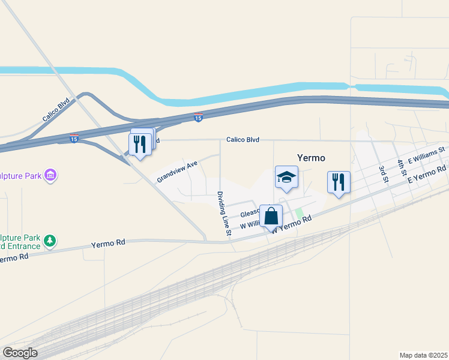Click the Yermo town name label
click(x=311, y=158)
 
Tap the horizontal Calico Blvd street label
click(x=243, y=140)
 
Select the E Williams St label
click(x=426, y=155)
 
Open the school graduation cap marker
click(x=286, y=177)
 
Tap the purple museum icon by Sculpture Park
click(x=50, y=175)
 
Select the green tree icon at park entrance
click(x=50, y=241)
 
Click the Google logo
click(x=20, y=353)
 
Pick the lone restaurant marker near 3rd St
click(x=339, y=181)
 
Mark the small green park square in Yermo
click(x=298, y=213)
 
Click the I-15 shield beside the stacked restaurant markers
click(x=74, y=139)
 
